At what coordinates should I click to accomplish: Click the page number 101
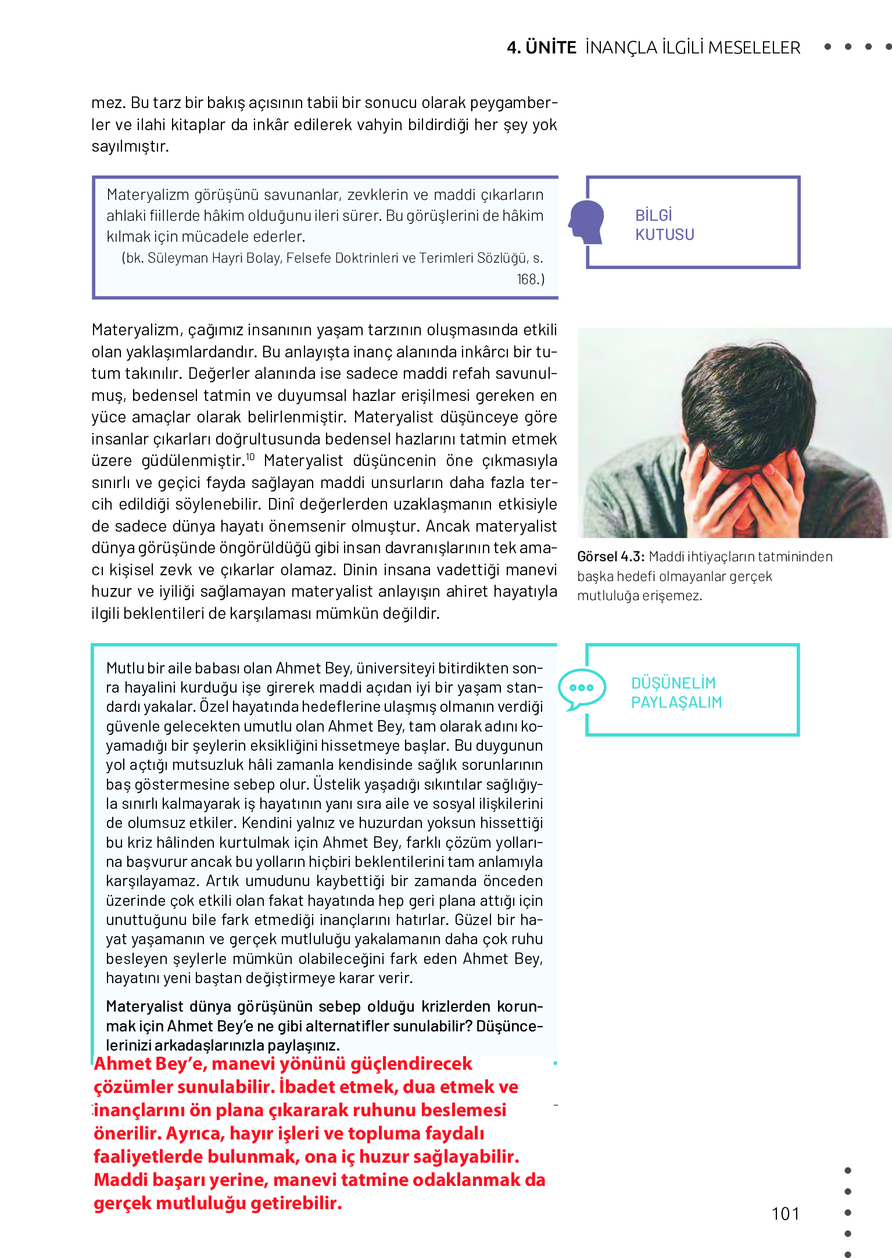click(x=785, y=1214)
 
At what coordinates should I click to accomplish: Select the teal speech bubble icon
click(x=581, y=689)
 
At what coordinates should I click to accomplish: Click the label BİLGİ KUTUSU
click(x=664, y=225)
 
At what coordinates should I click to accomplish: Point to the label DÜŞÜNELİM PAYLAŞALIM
click(x=676, y=693)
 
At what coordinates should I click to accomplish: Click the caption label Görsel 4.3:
click(x=610, y=557)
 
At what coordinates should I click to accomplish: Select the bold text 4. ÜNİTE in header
click(x=541, y=48)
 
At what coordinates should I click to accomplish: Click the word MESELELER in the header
click(x=754, y=48)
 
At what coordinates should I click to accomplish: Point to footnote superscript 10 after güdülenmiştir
click(x=250, y=457)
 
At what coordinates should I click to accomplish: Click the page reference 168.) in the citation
click(x=531, y=279)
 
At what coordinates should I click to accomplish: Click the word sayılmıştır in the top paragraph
click(x=130, y=146)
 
